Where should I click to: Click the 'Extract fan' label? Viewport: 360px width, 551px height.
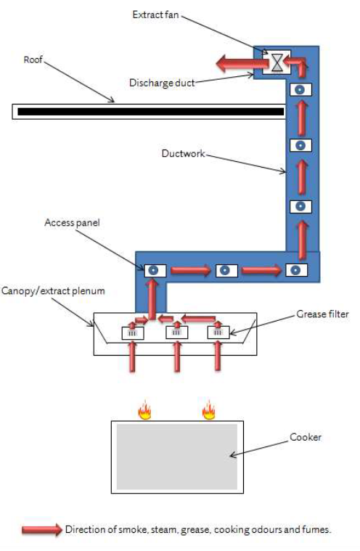(155, 15)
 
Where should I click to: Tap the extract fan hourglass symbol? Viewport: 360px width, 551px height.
(277, 62)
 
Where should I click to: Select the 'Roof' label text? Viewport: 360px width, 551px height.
(33, 60)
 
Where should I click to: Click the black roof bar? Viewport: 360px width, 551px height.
(151, 112)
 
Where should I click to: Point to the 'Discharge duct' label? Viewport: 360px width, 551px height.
(162, 83)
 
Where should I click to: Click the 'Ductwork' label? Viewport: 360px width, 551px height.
(184, 154)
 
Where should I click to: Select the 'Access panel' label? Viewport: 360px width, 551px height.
(72, 223)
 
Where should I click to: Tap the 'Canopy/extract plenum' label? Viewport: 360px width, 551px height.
(54, 291)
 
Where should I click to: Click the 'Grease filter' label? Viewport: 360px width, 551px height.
(322, 314)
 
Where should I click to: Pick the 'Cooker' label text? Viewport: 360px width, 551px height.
(306, 437)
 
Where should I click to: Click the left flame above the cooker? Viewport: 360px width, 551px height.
(144, 410)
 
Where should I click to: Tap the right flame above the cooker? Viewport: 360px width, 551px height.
(208, 409)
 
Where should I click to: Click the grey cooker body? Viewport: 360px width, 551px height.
(177, 457)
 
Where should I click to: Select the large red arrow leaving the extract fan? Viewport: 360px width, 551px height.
(242, 64)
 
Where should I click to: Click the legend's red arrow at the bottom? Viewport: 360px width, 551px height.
(42, 529)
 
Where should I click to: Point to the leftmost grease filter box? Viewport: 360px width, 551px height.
(133, 332)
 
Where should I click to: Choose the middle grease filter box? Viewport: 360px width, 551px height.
(176, 332)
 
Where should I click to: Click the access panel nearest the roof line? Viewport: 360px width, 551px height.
(300, 90)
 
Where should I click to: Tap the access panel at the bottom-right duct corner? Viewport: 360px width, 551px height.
(297, 270)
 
